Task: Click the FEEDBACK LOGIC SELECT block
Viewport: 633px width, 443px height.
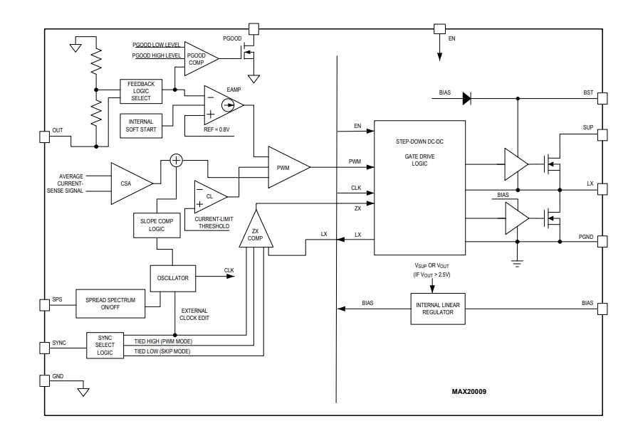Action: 140,90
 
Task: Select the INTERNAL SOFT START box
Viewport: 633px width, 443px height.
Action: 141,126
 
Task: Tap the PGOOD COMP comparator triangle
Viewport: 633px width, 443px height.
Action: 199,58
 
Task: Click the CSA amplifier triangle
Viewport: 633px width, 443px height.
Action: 128,183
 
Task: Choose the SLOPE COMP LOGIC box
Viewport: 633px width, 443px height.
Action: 155,225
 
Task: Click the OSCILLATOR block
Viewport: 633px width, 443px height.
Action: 173,278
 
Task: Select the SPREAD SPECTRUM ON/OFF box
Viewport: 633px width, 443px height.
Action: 110,304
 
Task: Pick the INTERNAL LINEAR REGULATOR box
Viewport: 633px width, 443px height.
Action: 437,309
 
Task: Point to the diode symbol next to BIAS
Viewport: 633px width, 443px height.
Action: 466,99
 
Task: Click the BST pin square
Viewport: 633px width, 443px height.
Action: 602,98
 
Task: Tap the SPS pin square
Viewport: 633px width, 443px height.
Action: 44,304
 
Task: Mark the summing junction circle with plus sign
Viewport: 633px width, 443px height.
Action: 177,160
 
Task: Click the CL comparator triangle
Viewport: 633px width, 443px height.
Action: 209,196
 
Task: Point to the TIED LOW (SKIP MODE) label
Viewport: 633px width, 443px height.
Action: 162,352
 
